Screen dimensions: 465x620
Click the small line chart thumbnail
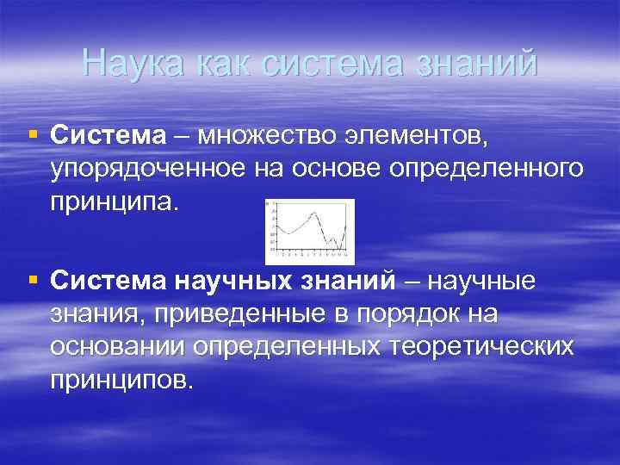[309, 230]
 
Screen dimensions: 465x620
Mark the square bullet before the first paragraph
[33, 134]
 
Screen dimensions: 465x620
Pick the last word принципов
[121, 379]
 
